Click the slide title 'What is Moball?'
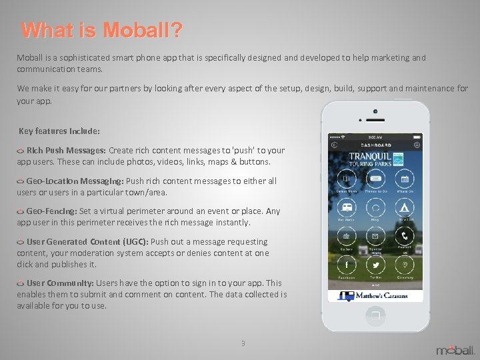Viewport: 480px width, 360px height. [101, 31]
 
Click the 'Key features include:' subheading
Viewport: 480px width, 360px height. [59, 131]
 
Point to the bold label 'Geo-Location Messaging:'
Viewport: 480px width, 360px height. [75, 181]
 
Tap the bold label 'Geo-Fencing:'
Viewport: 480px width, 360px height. [51, 211]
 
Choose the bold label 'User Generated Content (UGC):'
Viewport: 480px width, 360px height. [87, 241]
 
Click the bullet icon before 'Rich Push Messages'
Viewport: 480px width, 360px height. [21, 151]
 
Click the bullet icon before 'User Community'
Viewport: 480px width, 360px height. [21, 283]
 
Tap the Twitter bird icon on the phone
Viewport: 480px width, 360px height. [375, 265]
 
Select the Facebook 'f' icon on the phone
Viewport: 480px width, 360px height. [346, 265]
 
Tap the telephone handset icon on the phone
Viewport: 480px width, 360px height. [404, 236]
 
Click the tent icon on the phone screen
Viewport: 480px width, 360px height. [404, 207]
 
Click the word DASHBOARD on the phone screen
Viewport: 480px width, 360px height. [375, 145]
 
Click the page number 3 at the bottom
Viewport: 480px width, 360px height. [243, 343]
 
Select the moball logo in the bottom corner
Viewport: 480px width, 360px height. [455, 349]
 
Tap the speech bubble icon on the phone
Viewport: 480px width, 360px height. [375, 207]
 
